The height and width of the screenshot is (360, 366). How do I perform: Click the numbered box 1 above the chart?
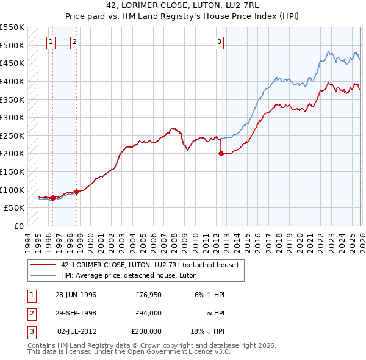tap(50, 42)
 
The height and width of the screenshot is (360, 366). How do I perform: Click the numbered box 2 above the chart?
tap(74, 42)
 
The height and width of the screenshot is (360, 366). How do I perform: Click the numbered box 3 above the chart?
tap(218, 42)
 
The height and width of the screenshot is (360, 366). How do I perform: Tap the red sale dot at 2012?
tap(221, 154)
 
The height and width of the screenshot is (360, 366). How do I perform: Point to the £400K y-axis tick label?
tap(12, 81)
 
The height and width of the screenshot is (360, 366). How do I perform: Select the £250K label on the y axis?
tap(12, 135)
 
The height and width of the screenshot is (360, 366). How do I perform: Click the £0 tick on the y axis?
tap(18, 226)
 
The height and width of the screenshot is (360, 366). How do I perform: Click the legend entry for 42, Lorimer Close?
tap(152, 264)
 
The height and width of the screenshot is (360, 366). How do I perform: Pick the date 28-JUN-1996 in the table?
tap(76, 294)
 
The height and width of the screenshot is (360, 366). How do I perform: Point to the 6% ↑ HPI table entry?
tap(209, 294)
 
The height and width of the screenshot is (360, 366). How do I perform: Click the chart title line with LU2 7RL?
tap(184, 7)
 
